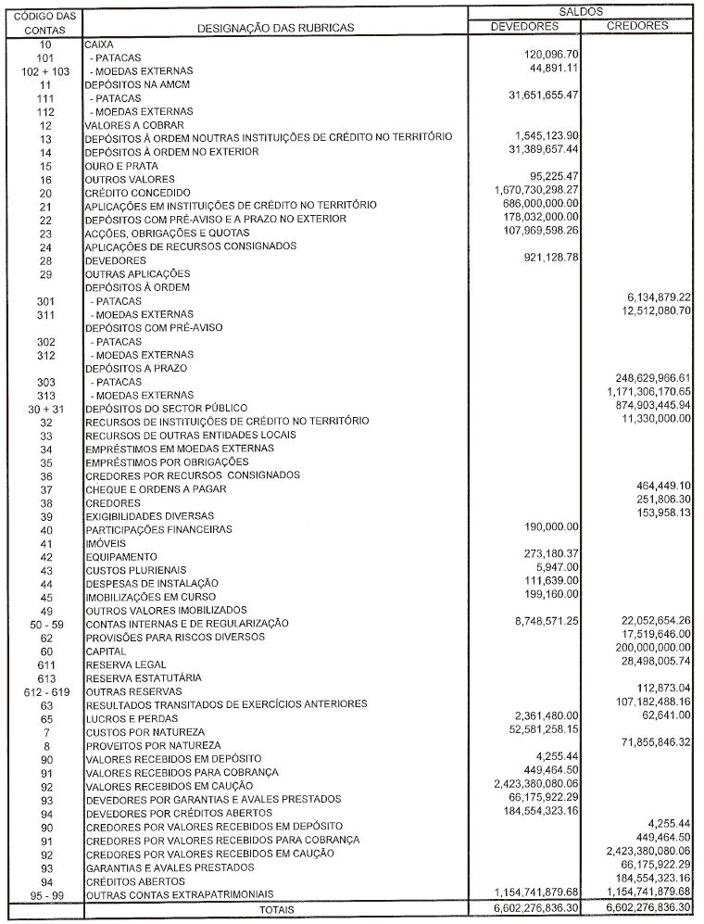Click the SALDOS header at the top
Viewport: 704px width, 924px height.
pos(585,11)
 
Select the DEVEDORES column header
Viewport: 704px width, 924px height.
pos(525,26)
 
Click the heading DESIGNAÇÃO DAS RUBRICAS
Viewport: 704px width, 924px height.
pos(275,29)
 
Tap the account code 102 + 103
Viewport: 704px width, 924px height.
pos(45,70)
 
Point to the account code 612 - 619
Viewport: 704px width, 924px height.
pos(45,691)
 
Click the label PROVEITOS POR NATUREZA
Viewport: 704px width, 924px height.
pos(153,745)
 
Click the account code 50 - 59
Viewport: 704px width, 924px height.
pos(45,624)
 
